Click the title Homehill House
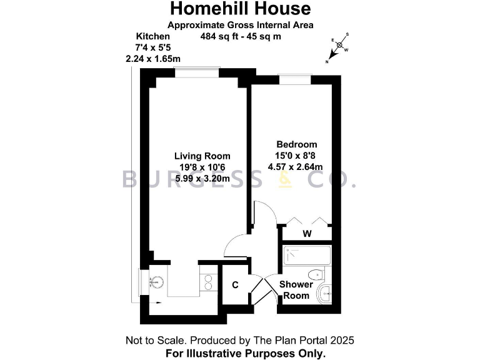click(240, 9)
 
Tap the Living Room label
click(202, 156)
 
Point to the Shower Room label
click(296, 290)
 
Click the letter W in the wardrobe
click(307, 234)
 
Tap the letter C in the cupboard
click(235, 285)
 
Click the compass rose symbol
click(339, 46)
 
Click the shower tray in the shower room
click(306, 256)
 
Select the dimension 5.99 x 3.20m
click(202, 179)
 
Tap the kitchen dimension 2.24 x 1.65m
click(153, 59)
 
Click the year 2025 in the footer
click(342, 341)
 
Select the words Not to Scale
click(156, 341)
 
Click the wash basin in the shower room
click(324, 294)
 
